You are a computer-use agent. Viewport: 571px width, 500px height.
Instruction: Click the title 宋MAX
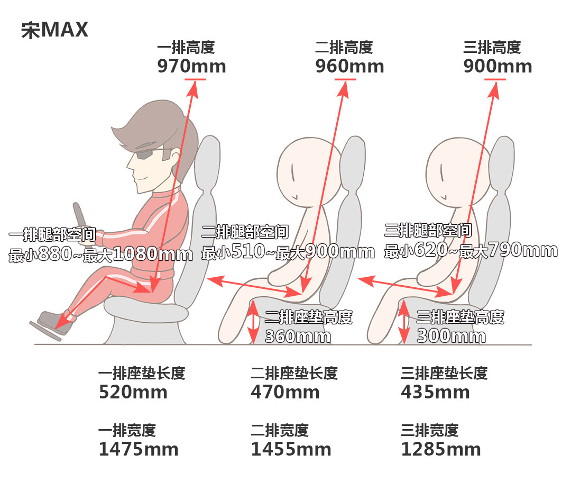coord(54,30)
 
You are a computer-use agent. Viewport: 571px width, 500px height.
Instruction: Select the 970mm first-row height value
coord(191,66)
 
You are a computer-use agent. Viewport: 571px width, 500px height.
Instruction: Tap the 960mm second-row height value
coord(349,66)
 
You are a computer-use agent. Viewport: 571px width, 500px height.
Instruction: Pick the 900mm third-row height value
coord(498,66)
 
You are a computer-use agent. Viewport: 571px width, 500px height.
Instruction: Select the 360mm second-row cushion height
coord(298,336)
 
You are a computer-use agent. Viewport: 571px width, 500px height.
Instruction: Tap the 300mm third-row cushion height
coord(451,336)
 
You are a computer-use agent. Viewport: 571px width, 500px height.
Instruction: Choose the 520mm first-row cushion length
coord(133,392)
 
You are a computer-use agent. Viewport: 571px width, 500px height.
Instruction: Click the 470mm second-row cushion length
coord(285,392)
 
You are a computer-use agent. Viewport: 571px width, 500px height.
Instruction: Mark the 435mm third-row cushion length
coord(435,392)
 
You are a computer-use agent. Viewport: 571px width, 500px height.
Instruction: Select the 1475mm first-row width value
coord(139,449)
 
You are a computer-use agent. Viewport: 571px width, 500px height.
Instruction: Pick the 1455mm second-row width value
coord(291,449)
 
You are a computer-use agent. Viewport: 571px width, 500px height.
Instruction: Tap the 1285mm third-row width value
coord(441,449)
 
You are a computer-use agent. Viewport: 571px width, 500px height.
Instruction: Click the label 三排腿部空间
coord(428,230)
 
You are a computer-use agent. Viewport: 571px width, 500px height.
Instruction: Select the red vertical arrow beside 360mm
coord(253,322)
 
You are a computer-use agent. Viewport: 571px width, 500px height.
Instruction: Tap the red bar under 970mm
coord(195,79)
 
